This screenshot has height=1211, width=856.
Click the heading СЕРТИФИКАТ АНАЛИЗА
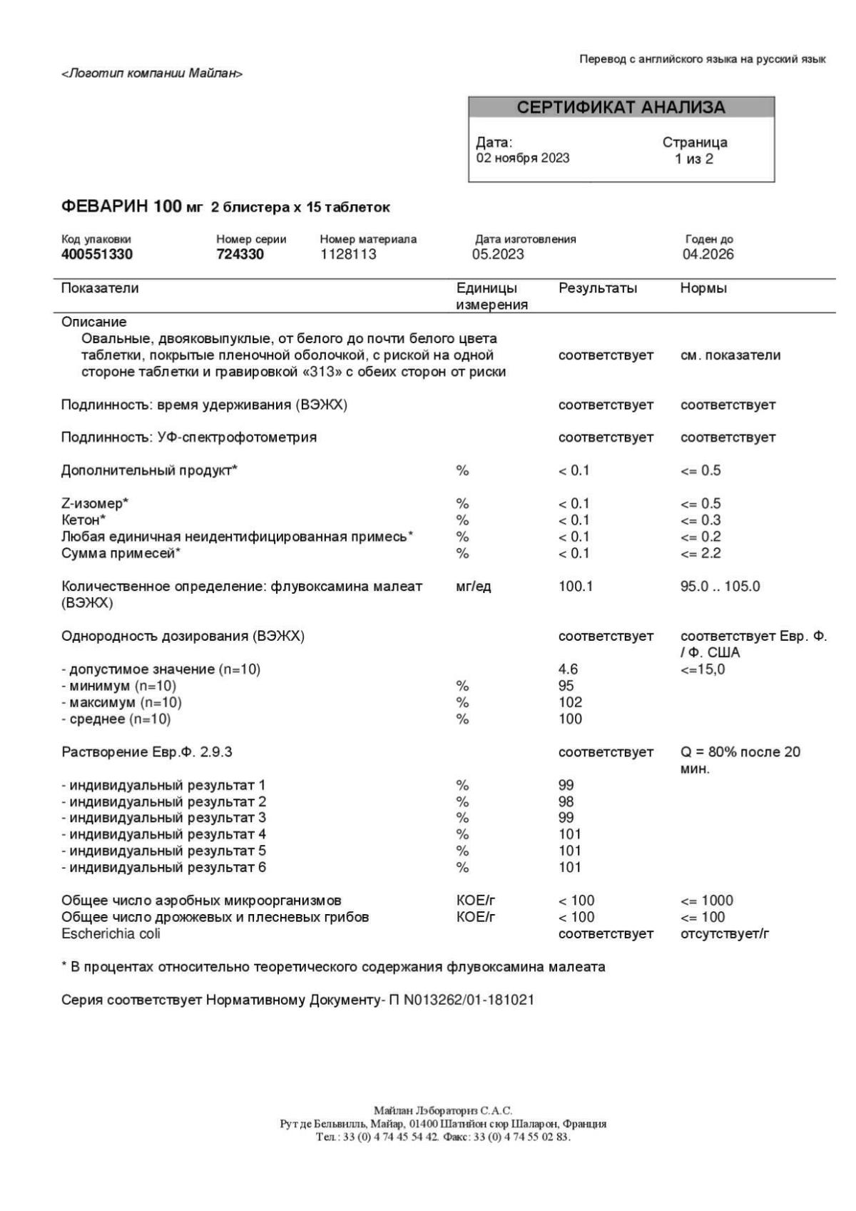(x=621, y=108)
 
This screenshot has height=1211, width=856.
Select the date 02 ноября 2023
(x=523, y=158)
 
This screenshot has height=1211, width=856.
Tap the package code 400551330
(x=97, y=254)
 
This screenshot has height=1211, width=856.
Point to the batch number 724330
(x=240, y=254)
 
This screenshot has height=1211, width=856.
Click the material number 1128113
(x=348, y=254)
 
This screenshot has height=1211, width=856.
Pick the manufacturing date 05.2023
(x=498, y=254)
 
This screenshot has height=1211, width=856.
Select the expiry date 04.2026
(x=708, y=254)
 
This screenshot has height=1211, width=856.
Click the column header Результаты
(x=598, y=288)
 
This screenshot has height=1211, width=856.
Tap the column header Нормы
(x=703, y=288)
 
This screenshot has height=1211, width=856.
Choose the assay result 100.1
(x=576, y=587)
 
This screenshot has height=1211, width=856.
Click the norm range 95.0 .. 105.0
(x=720, y=587)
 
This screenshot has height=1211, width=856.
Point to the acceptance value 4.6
(x=568, y=669)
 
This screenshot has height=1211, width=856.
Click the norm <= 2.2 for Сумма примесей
(x=700, y=553)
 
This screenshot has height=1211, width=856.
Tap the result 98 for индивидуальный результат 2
(x=566, y=801)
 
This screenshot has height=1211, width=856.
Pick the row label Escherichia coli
(x=111, y=933)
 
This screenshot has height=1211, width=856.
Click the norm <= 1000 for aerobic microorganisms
(x=707, y=901)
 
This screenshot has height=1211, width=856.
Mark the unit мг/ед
(x=474, y=587)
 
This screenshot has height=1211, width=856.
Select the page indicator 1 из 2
(x=694, y=158)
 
